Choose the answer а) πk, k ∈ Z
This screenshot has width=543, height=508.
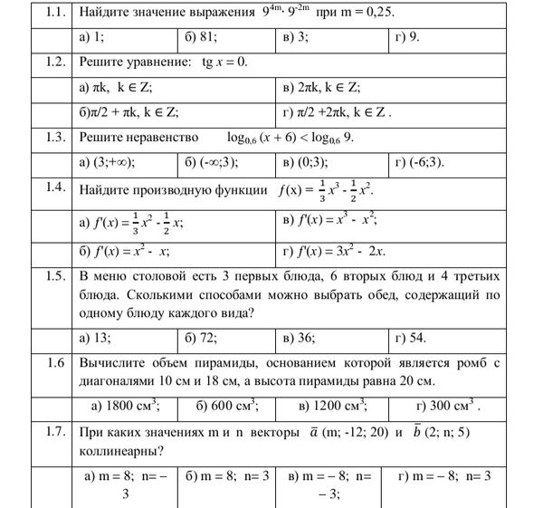pos(118,88)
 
